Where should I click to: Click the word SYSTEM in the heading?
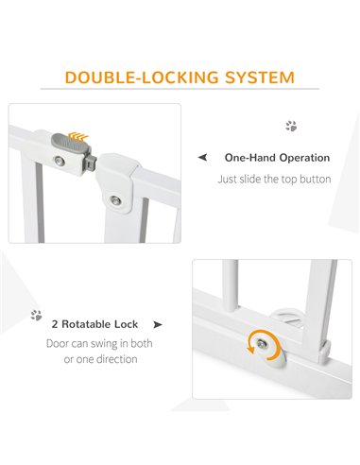[260, 77]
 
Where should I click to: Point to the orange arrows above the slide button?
[78, 136]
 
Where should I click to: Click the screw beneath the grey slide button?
[59, 162]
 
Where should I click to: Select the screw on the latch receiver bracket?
[115, 200]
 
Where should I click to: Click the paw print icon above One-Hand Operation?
[291, 126]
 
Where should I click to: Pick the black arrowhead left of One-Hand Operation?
[202, 157]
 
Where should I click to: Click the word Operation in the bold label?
[304, 158]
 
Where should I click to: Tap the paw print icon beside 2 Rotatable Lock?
[36, 315]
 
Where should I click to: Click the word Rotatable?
[86, 324]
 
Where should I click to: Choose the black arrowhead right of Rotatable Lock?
[158, 324]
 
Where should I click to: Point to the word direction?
[117, 359]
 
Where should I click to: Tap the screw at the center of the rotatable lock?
[262, 344]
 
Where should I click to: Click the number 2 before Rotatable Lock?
[55, 324]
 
